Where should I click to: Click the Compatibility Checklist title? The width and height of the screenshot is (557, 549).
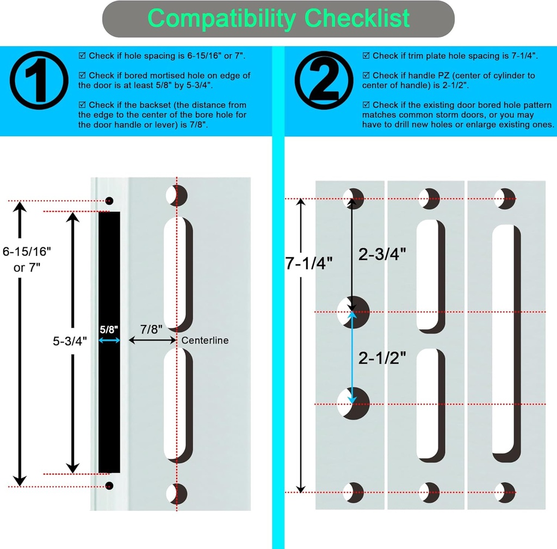[x=278, y=18]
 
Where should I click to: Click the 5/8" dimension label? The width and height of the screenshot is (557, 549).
[x=109, y=329]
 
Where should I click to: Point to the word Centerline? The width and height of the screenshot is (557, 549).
[x=205, y=340]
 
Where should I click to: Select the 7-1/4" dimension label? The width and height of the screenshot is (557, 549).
[x=308, y=264]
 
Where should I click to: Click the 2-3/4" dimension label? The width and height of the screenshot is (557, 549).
[x=383, y=254]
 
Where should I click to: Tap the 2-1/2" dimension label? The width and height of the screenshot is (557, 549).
[x=382, y=359]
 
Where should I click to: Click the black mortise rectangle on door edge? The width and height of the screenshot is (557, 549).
[x=109, y=342]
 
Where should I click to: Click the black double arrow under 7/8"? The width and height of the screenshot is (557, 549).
[x=152, y=340]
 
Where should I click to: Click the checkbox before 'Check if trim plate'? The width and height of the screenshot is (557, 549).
[x=366, y=55]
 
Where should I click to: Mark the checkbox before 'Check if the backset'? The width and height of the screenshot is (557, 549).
[x=82, y=104]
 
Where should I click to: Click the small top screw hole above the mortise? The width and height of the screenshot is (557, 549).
[x=109, y=201]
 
